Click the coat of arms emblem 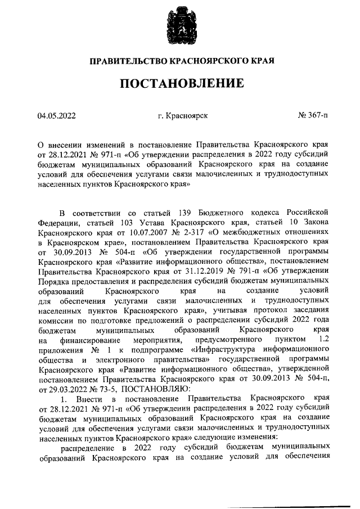(x=179, y=27)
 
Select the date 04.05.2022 (x=56, y=116)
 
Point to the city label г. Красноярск (x=183, y=116)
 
